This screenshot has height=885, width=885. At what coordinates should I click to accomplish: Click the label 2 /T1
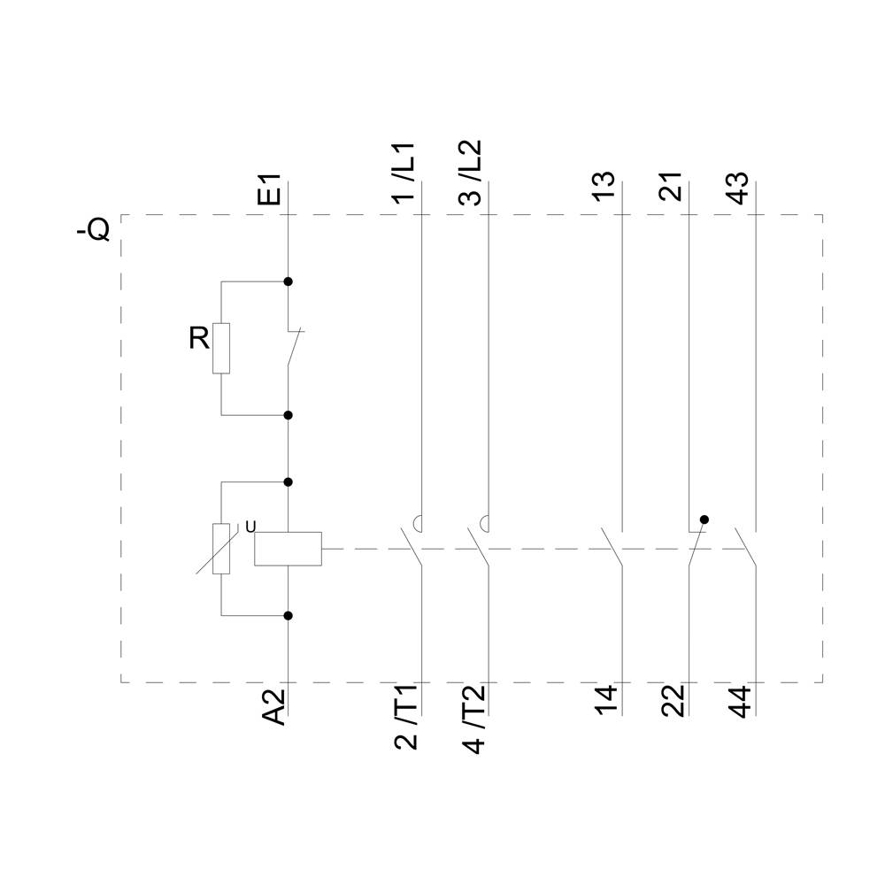tap(407, 718)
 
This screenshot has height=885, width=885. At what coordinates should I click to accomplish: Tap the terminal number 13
tap(604, 187)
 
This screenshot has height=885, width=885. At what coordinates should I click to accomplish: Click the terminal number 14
tap(605, 700)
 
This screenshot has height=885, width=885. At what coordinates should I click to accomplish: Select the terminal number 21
tap(672, 187)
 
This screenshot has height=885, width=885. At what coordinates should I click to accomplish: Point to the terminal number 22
tap(673, 700)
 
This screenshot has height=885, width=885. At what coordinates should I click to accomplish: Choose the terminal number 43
tap(738, 187)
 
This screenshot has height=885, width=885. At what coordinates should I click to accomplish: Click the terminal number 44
tap(739, 701)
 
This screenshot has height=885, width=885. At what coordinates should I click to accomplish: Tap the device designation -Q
tap(93, 230)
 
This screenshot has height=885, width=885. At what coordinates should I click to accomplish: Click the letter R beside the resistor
tap(198, 338)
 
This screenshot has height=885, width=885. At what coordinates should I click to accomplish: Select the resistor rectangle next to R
tap(221, 348)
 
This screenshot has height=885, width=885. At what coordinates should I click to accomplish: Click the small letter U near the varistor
tap(250, 527)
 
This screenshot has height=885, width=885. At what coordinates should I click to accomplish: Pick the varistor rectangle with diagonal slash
tap(221, 549)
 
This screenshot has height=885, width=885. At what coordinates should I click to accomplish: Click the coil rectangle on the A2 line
tap(288, 549)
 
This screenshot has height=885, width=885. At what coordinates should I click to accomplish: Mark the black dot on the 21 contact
tap(704, 519)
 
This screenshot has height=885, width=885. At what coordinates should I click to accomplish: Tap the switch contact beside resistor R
tap(292, 348)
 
